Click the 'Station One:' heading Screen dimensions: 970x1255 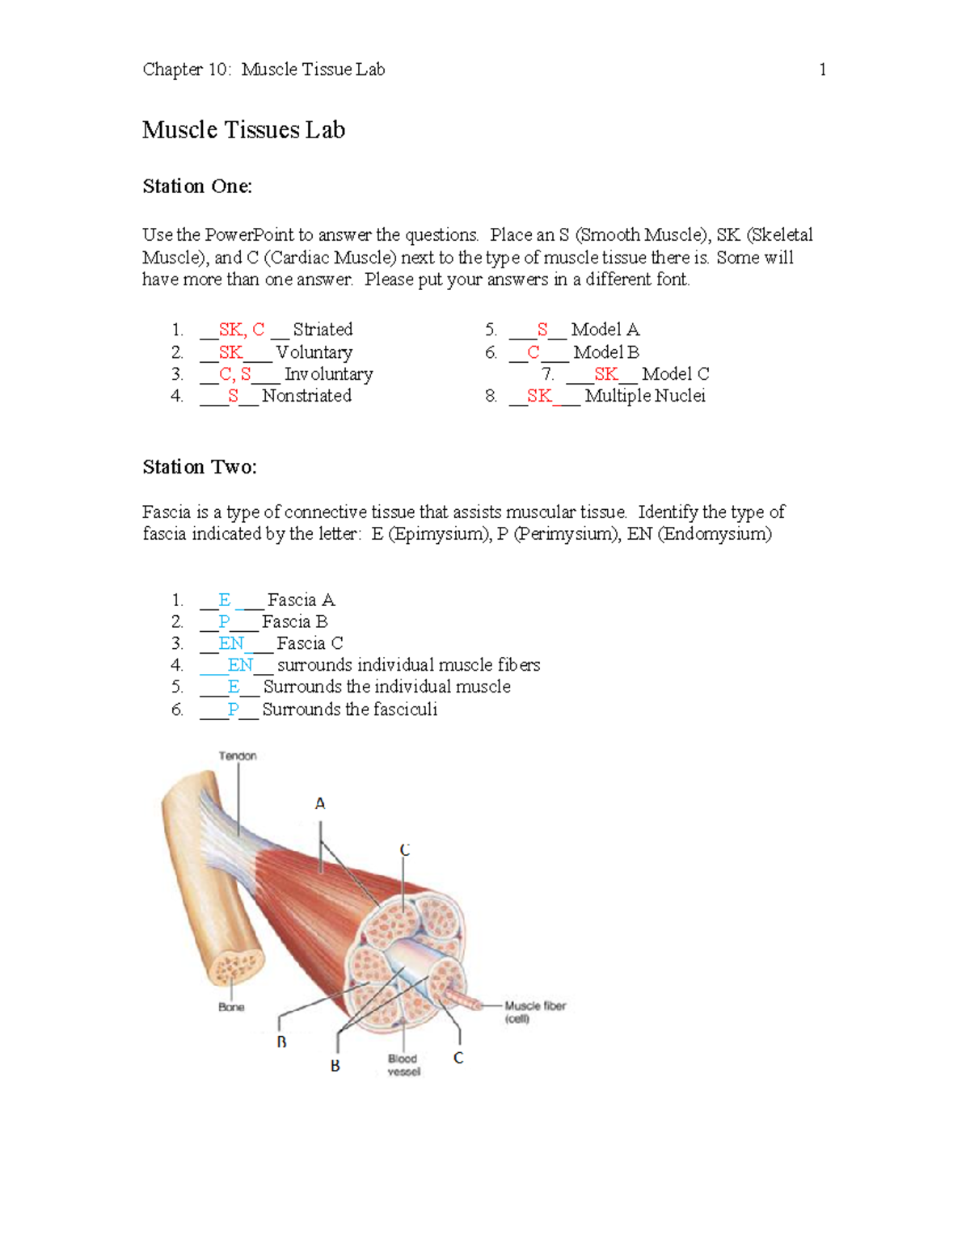tap(197, 187)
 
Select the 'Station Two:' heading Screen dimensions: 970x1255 tap(200, 467)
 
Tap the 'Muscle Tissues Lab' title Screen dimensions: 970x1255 tap(243, 130)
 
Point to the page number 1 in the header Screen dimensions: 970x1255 tap(822, 70)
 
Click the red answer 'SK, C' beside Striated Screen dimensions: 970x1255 tap(242, 330)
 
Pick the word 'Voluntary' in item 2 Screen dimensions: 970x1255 tap(314, 352)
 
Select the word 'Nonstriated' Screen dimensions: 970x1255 tap(306, 396)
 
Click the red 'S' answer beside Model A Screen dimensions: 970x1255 tap(542, 330)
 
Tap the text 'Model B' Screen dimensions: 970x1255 tap(606, 352)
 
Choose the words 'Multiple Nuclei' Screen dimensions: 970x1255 tap(645, 396)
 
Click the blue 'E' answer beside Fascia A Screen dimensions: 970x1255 tap(225, 600)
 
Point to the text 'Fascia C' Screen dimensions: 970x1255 tap(310, 643)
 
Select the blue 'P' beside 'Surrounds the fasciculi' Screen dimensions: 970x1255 tap(233, 710)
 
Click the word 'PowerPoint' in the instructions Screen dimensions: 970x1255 tap(249, 235)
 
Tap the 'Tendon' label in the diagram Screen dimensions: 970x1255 tap(238, 756)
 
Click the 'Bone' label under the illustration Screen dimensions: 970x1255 tap(231, 1007)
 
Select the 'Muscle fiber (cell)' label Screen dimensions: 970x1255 tap(534, 1012)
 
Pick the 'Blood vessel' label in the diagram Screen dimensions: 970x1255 tap(403, 1065)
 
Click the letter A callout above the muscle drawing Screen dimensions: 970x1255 tap(320, 804)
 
